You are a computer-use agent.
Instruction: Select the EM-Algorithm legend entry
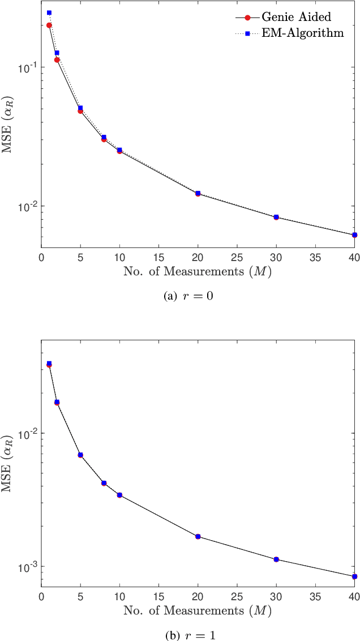coord(302,33)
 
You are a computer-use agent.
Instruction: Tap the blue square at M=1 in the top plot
coord(49,12)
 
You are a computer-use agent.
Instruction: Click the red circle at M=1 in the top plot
coord(49,25)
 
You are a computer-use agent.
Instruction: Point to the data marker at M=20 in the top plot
coord(198,194)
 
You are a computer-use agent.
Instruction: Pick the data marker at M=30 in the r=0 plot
coord(276,217)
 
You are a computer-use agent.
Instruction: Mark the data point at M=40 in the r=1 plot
coord(354,576)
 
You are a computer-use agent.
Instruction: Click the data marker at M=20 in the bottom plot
coord(198,536)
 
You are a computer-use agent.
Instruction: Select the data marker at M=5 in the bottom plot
coord(80,455)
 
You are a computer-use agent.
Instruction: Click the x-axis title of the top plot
coord(197,272)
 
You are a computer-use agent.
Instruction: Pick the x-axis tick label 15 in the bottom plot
coord(159,596)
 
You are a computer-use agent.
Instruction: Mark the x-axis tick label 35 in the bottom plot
coord(315,596)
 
